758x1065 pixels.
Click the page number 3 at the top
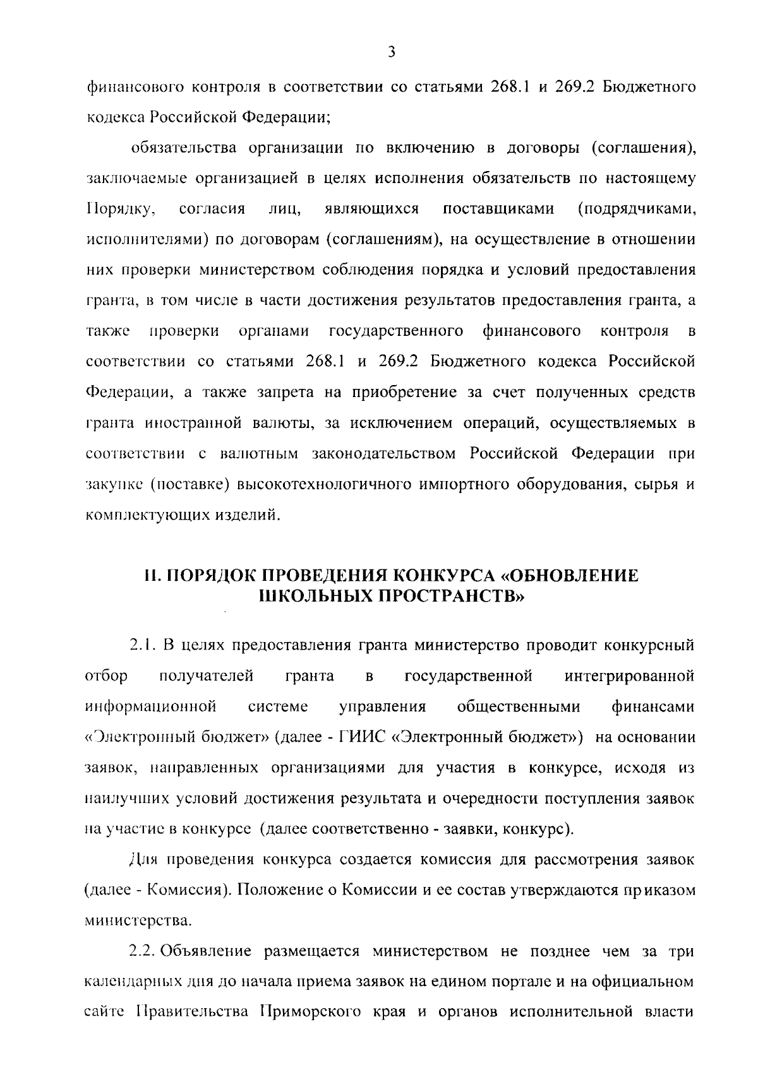tap(391, 52)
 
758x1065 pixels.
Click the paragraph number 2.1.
tap(143, 645)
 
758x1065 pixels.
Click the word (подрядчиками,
tap(637, 209)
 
